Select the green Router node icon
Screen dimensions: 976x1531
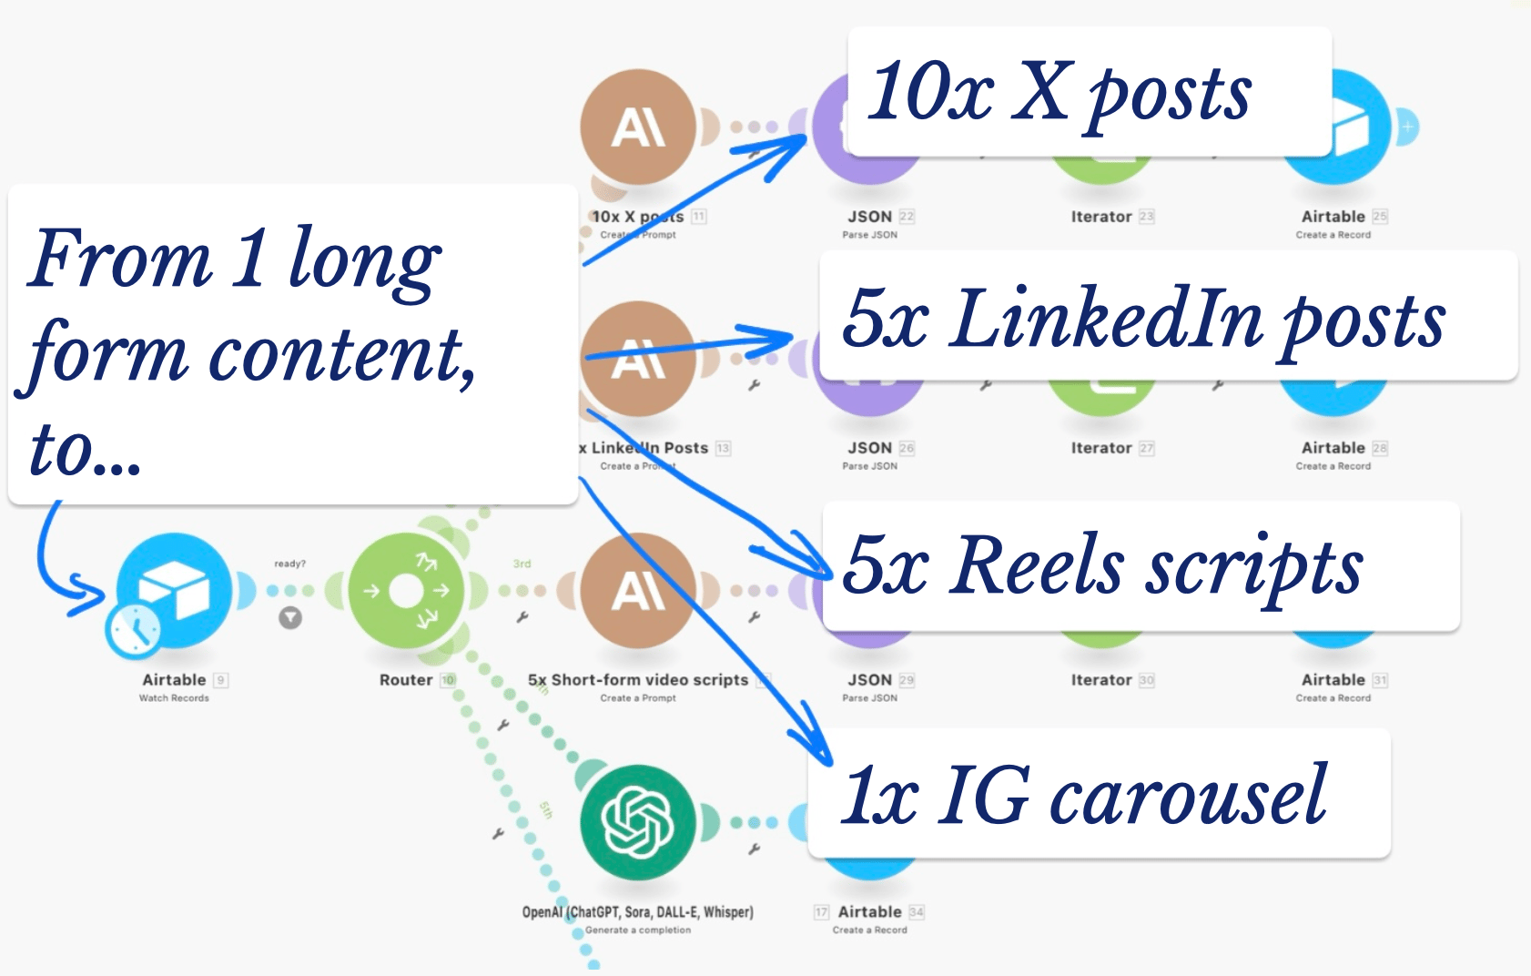pyautogui.click(x=406, y=591)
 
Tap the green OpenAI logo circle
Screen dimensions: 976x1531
pyautogui.click(x=637, y=822)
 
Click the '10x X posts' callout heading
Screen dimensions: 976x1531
pyautogui.click(x=1060, y=92)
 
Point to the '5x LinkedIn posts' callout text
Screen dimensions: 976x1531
pyautogui.click(x=1143, y=319)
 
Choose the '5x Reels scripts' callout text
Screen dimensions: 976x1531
pyautogui.click(x=1102, y=566)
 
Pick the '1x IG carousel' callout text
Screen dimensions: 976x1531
pyautogui.click(x=1083, y=796)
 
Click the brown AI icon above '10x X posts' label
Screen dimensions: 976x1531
pyautogui.click(x=637, y=127)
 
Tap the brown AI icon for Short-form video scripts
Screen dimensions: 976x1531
pyautogui.click(x=637, y=591)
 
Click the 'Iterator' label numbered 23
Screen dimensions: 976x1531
pyautogui.click(x=1101, y=217)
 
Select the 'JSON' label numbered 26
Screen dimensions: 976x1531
pyautogui.click(x=870, y=448)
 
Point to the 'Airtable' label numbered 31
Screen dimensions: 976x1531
pyautogui.click(x=1333, y=680)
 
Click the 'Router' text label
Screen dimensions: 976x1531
pyautogui.click(x=406, y=680)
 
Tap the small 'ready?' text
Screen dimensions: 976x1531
pyautogui.click(x=290, y=564)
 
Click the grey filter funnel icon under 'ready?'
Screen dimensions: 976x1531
pyautogui.click(x=290, y=618)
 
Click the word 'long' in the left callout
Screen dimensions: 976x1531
pyautogui.click(x=364, y=259)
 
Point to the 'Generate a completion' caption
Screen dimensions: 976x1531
pyautogui.click(x=637, y=930)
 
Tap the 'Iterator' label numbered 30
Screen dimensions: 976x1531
pyautogui.click(x=1101, y=680)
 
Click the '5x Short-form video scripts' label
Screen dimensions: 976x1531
pyautogui.click(x=637, y=680)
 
